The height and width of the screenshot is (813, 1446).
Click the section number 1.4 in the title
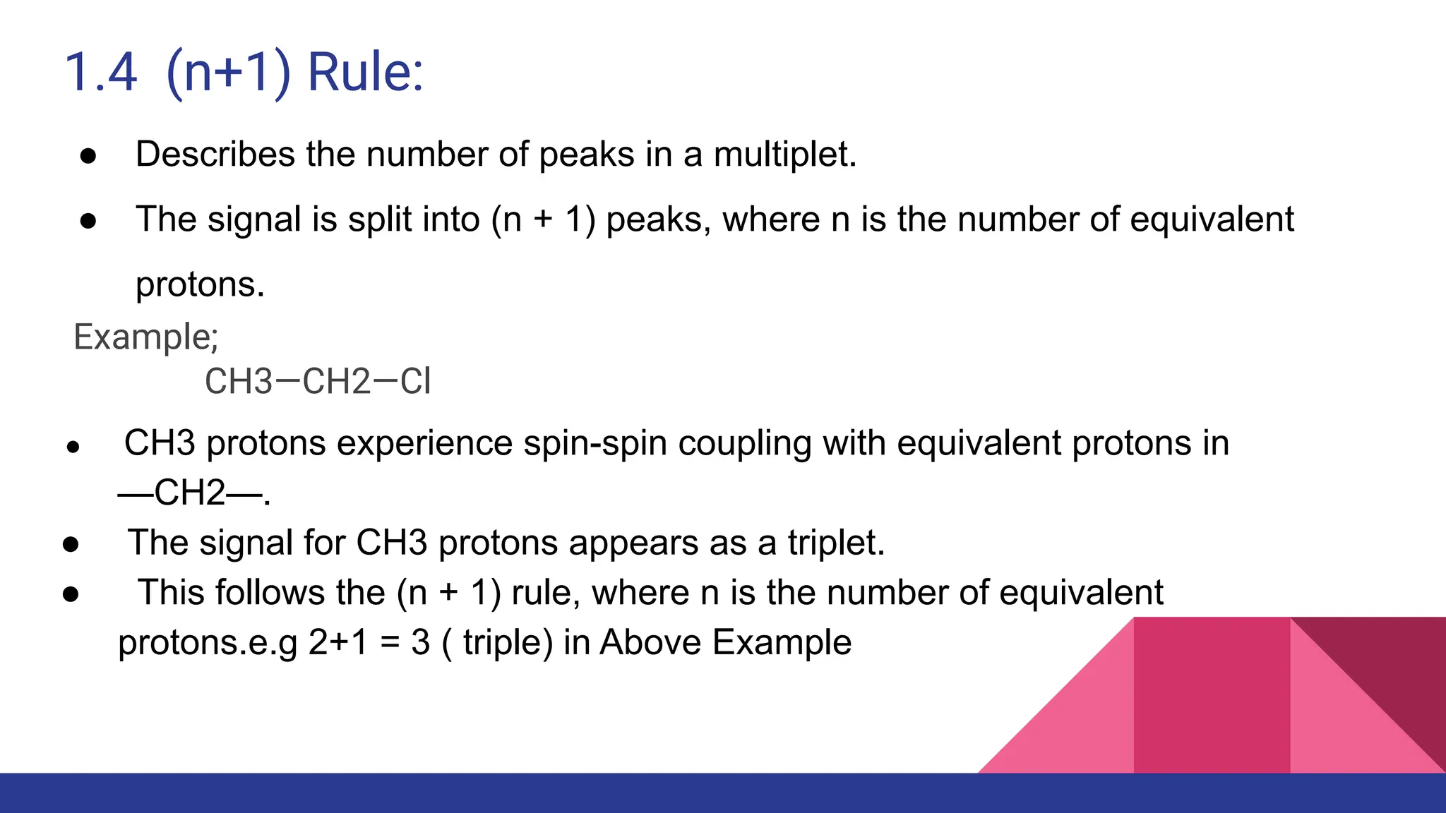coord(100,73)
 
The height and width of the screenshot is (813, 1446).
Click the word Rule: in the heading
coord(365,73)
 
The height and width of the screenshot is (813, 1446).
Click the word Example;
coord(146,337)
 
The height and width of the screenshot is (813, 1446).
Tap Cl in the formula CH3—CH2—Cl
coord(415,382)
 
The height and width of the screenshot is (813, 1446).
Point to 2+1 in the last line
coord(338,642)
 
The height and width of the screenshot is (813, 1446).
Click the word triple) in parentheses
coord(508,642)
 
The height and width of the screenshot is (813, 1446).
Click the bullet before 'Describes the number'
coord(88,156)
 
